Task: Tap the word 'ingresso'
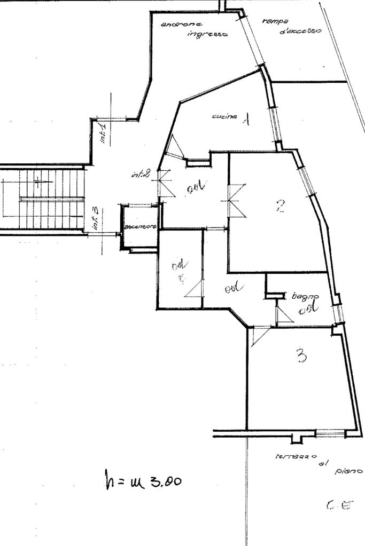tap(207, 34)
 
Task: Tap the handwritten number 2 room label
tap(280, 205)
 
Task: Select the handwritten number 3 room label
tap(302, 355)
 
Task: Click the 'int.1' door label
tap(103, 133)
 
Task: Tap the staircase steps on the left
tap(43, 199)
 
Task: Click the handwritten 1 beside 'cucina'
tap(246, 120)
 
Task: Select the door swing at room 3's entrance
tap(258, 336)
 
